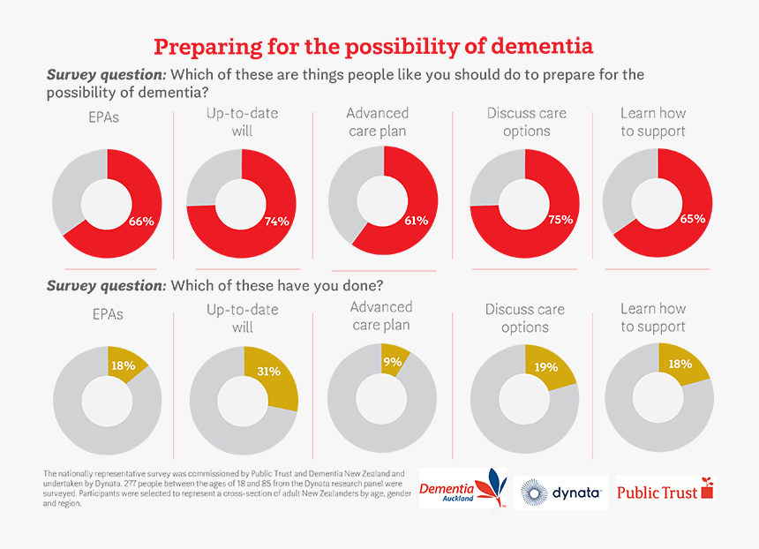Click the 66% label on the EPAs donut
141,222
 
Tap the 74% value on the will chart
276,222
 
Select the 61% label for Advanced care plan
416,221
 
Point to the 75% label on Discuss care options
560,219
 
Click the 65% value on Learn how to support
692,218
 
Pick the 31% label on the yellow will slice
268,372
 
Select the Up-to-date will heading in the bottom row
243,318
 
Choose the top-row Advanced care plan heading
378,122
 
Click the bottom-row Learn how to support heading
653,318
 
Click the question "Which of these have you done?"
276,285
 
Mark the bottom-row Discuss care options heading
525,318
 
